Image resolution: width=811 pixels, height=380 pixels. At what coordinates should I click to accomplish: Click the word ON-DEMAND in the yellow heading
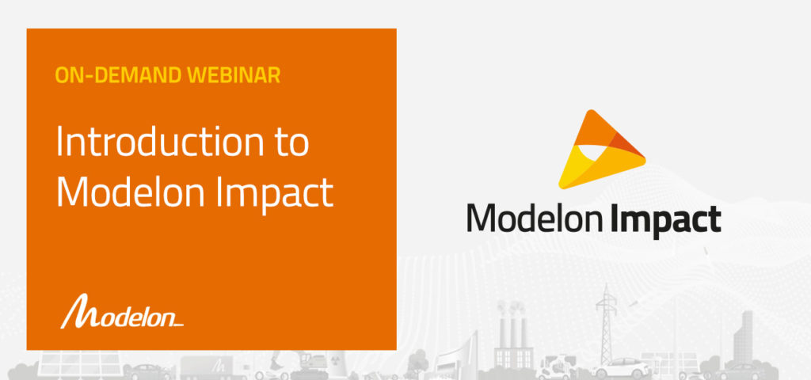pos(119,75)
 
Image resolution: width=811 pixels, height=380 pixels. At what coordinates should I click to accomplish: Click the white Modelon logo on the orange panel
pos(122,312)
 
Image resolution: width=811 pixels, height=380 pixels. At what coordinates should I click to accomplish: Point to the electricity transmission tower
pos(606,323)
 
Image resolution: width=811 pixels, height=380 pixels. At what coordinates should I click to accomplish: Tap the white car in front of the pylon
pos(623,368)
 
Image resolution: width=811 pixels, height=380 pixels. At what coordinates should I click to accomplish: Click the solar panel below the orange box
pos(78,364)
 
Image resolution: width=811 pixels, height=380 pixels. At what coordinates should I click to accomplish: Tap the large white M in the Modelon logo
pos(76,311)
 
